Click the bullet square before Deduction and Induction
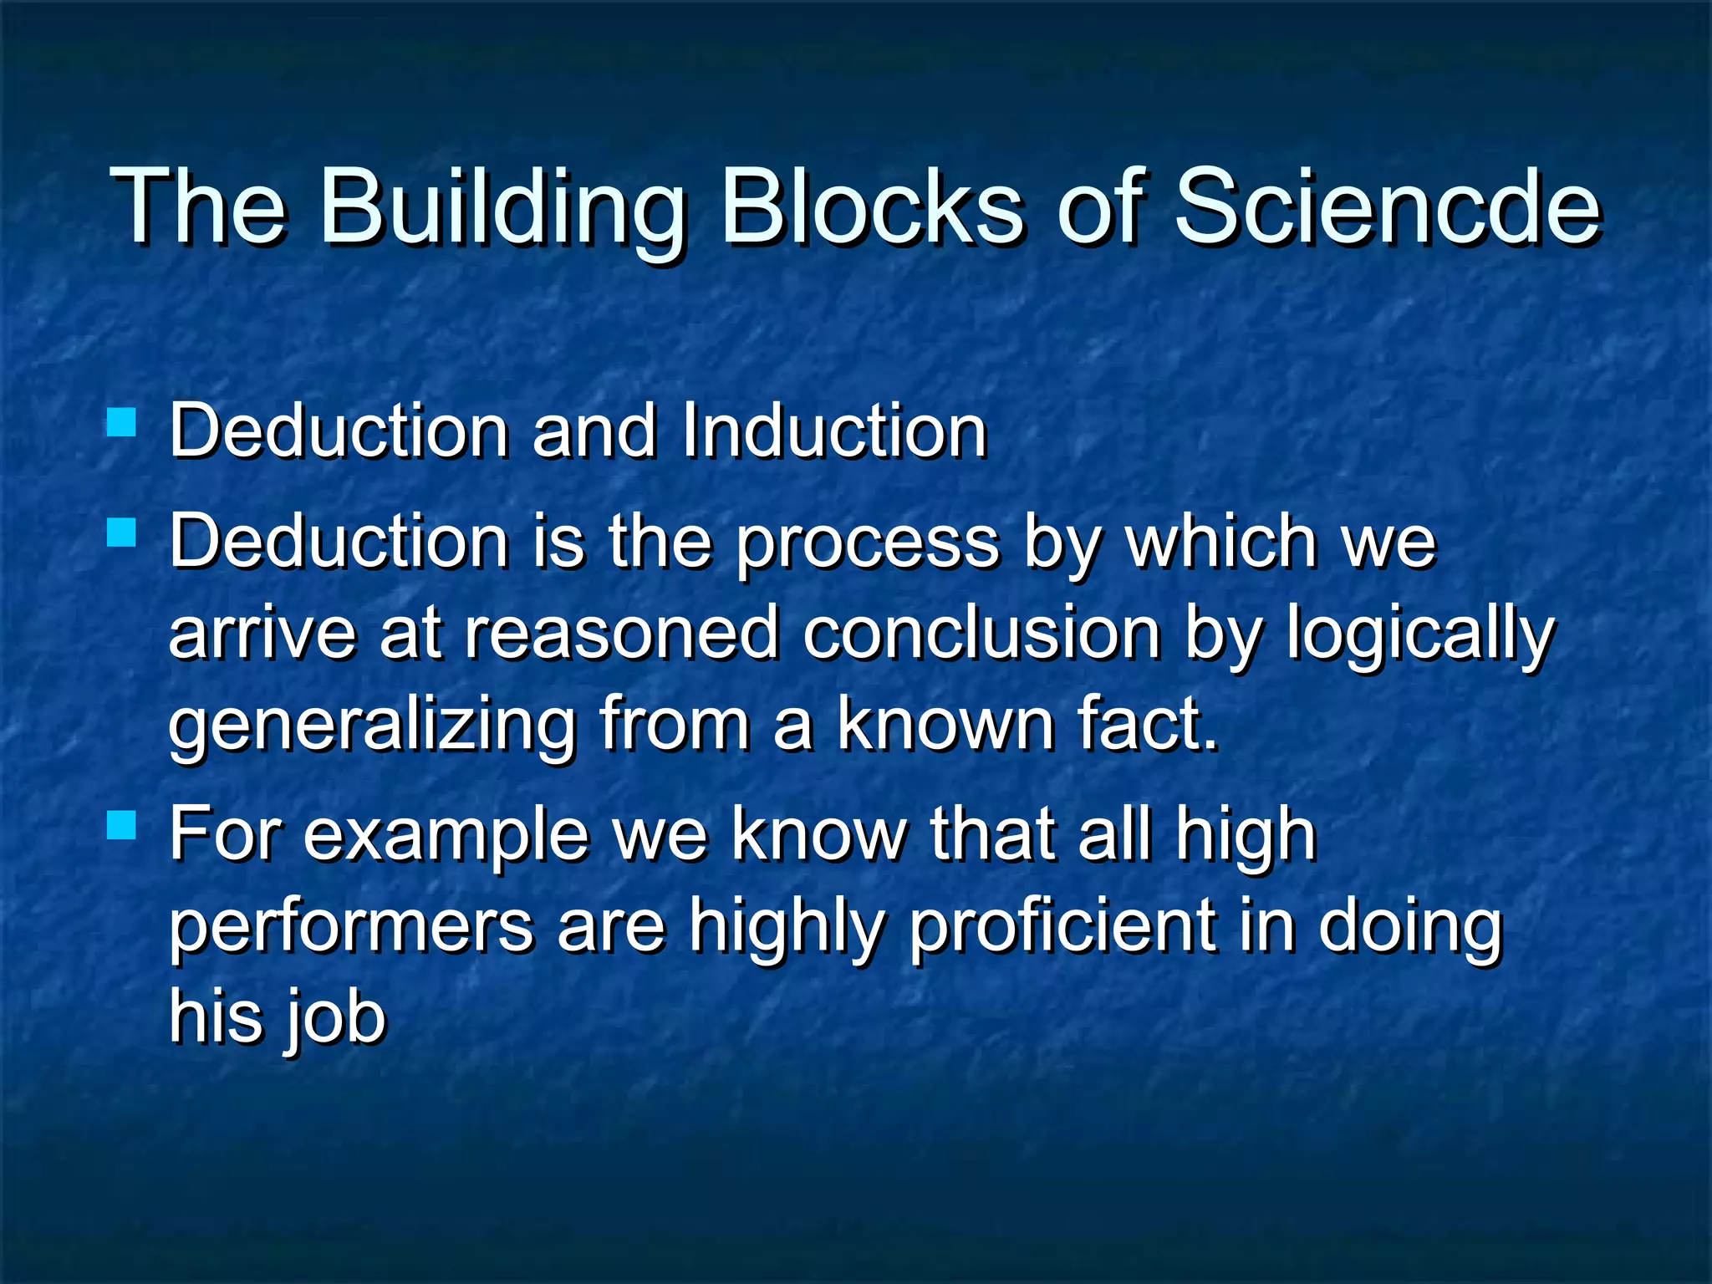[x=122, y=422]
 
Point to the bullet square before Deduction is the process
[x=122, y=532]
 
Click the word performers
[x=351, y=929]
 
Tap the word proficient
[x=1062, y=929]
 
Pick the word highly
[x=786, y=929]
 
